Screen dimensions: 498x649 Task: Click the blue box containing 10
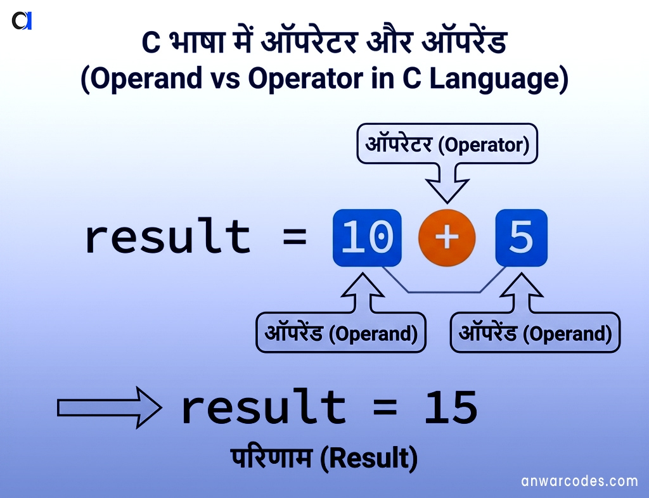367,238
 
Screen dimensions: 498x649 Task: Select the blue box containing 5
521,238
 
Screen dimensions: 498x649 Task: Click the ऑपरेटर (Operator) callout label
447,145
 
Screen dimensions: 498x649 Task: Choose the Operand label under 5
535,333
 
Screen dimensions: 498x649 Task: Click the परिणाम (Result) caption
324,458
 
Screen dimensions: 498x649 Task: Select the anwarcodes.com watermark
579,481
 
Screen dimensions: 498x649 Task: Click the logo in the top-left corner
22,21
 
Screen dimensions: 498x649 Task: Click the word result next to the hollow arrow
263,408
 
